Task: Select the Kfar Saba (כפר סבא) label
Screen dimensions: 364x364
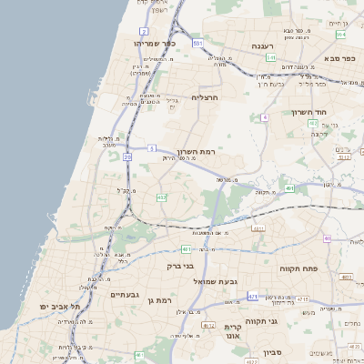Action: [339, 58]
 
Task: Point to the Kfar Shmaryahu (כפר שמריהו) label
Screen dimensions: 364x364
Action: [150, 43]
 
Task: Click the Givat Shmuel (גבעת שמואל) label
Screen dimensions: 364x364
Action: [215, 281]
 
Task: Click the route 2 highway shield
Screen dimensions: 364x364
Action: [144, 31]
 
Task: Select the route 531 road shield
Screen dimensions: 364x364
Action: [197, 42]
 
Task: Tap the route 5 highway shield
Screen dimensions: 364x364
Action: [152, 147]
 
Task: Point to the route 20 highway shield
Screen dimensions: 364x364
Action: [127, 157]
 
